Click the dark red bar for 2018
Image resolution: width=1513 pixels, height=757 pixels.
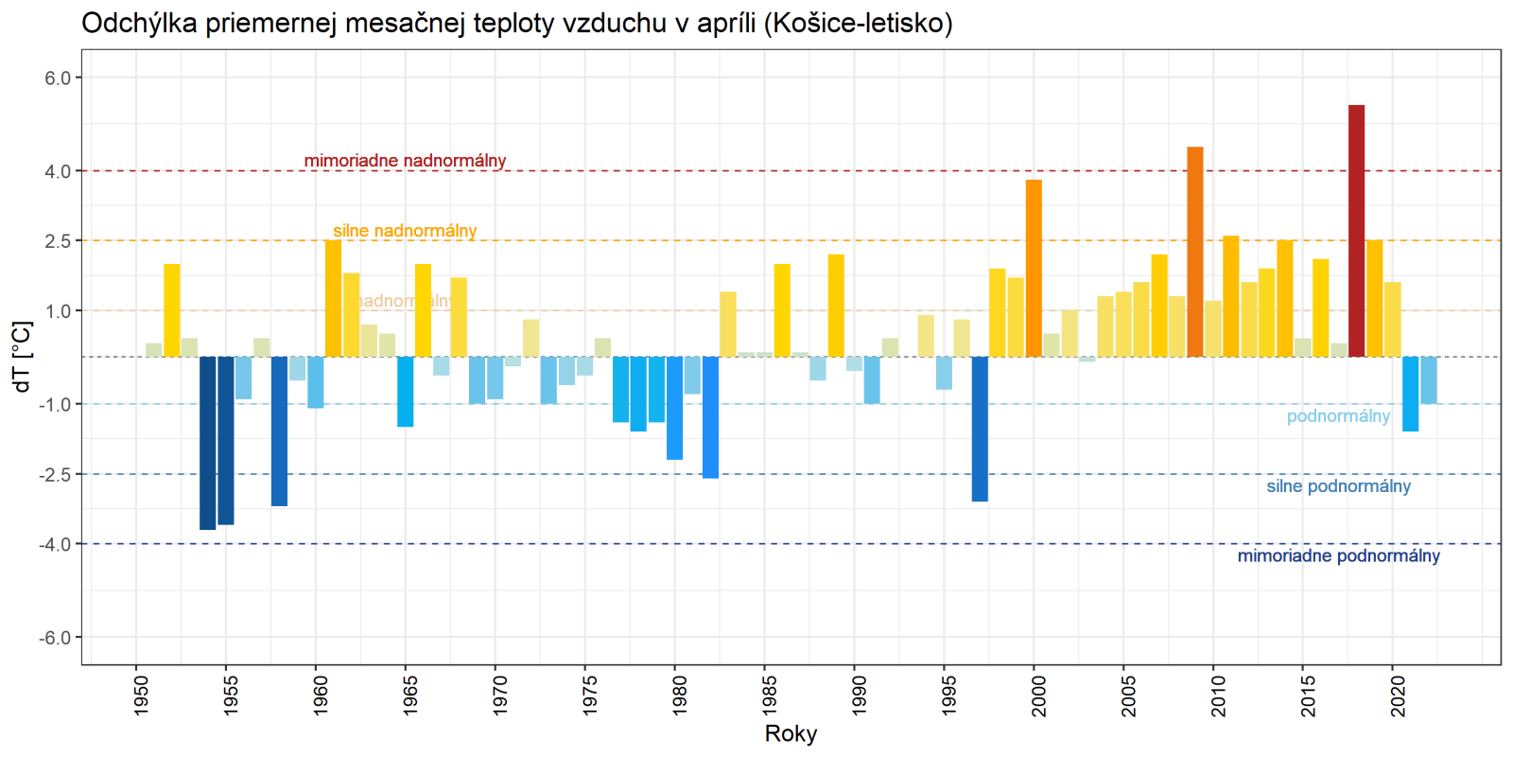pos(1356,231)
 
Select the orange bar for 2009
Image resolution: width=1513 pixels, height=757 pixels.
pos(1194,252)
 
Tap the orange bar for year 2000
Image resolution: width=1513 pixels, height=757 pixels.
pos(1034,268)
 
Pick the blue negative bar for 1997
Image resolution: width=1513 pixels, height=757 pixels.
pos(980,429)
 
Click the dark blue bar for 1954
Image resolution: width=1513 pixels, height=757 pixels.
pos(208,443)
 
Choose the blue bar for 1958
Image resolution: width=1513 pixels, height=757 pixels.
pos(279,431)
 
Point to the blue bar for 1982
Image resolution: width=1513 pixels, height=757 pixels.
pos(710,417)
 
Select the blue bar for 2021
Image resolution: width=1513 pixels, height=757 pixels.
pos(1410,394)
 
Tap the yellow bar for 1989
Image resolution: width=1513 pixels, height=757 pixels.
pos(836,306)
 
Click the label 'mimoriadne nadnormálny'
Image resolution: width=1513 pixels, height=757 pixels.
pos(405,161)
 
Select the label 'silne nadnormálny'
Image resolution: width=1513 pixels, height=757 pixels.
pos(405,231)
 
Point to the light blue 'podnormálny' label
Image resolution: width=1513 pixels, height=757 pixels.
pos(1338,416)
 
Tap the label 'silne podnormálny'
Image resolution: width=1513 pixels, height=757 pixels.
pos(1338,486)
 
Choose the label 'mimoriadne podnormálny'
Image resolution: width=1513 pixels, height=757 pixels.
pos(1338,555)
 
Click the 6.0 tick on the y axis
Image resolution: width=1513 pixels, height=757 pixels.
pos(58,78)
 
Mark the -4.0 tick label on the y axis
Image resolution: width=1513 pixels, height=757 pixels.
pos(56,544)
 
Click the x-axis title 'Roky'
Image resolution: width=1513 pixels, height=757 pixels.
pos(791,733)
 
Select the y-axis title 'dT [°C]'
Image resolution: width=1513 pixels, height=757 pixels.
pos(23,357)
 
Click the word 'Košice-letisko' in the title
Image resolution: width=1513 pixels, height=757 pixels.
pos(861,23)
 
